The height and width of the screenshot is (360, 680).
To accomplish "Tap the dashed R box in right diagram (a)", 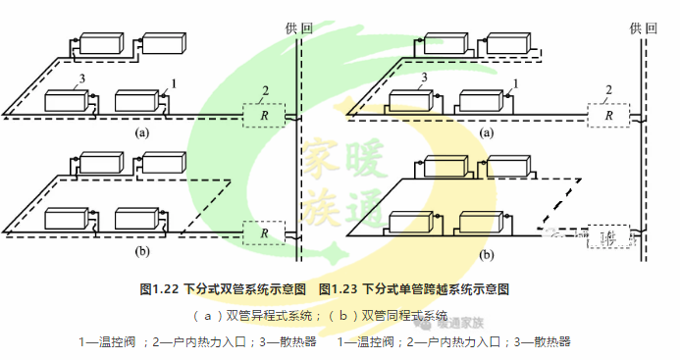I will (x=608, y=115).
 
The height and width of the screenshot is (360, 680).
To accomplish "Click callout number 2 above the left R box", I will (x=264, y=91).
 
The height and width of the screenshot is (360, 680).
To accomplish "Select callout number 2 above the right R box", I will (x=608, y=91).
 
